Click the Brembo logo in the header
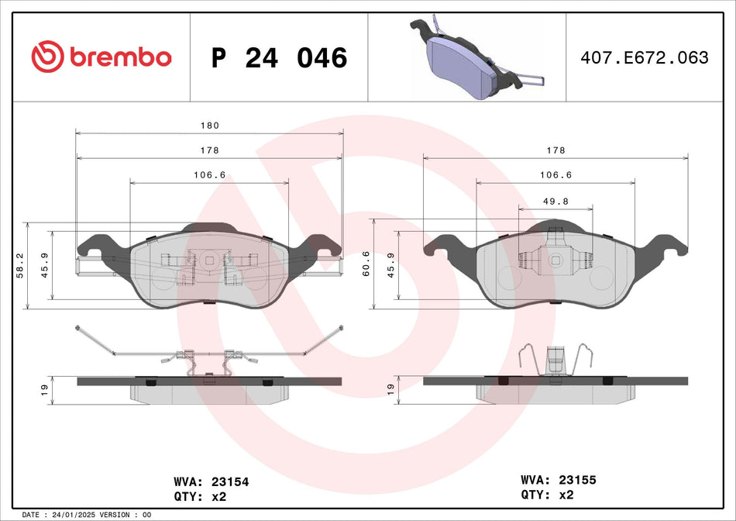101,57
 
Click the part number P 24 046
279,57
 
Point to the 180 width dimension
210,126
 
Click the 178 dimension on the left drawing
210,150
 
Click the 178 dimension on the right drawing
555,150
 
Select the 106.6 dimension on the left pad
209,175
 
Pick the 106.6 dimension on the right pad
555,175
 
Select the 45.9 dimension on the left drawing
45,265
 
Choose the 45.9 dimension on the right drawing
391,265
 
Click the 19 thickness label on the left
45,388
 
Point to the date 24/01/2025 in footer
76,515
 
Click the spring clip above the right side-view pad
555,361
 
